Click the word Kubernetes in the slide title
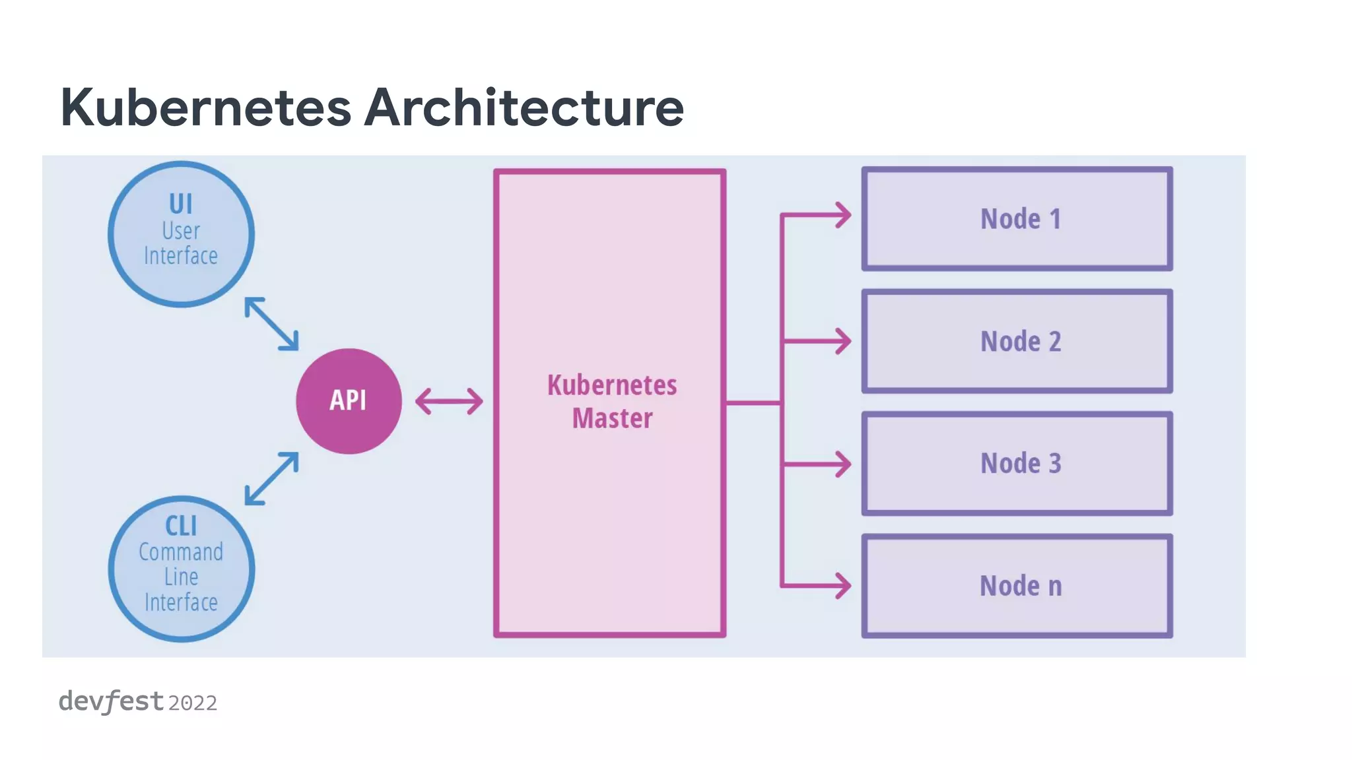205,108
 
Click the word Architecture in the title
524,108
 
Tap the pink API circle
349,401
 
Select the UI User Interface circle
181,234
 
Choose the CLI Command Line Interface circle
181,569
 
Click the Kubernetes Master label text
612,401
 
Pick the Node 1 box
1017,219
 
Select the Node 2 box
1017,341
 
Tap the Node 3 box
1017,464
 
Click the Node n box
1017,586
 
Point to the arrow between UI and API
271,323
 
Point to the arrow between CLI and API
271,479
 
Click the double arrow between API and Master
449,401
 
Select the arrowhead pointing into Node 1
842,215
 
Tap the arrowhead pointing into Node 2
842,341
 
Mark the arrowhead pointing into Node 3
842,464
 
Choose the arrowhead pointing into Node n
842,585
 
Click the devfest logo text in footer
111,701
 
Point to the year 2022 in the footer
192,703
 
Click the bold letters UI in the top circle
181,204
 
